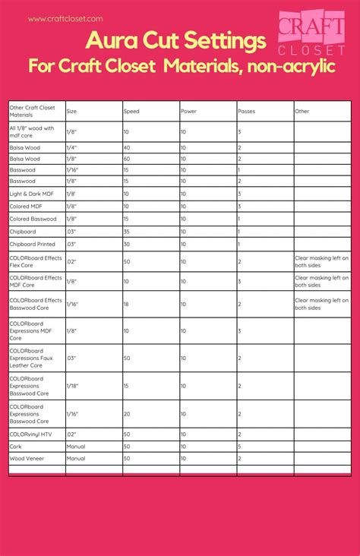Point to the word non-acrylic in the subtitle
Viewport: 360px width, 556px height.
[x=292, y=66]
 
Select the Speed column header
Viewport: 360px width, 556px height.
[x=131, y=111]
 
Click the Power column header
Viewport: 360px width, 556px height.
[x=188, y=111]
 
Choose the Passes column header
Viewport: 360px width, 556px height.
[x=246, y=111]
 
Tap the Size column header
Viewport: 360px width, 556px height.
[x=71, y=111]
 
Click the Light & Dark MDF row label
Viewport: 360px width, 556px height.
[x=32, y=194]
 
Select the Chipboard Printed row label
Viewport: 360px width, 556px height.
[x=32, y=244]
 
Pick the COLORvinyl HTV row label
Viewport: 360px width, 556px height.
[x=30, y=434]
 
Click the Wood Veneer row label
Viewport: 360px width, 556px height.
[x=27, y=459]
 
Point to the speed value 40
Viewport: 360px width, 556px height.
[x=127, y=147]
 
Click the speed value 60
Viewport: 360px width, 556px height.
[x=127, y=159]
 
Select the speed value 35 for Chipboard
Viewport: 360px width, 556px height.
[x=127, y=231]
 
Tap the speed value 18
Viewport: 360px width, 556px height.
[x=127, y=304]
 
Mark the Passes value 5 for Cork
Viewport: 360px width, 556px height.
[x=239, y=447]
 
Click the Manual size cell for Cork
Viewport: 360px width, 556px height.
[x=76, y=447]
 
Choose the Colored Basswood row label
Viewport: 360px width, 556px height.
[x=33, y=219]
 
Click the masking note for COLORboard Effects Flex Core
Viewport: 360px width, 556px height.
[x=321, y=261]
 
